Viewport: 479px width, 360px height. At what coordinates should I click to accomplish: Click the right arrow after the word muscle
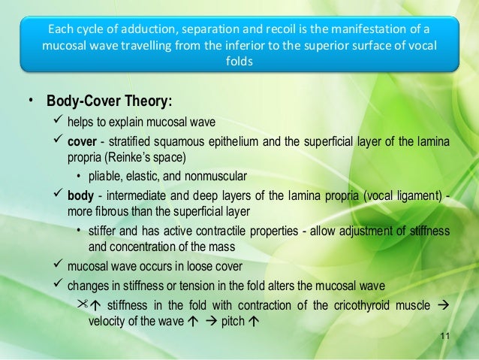(x=442, y=304)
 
